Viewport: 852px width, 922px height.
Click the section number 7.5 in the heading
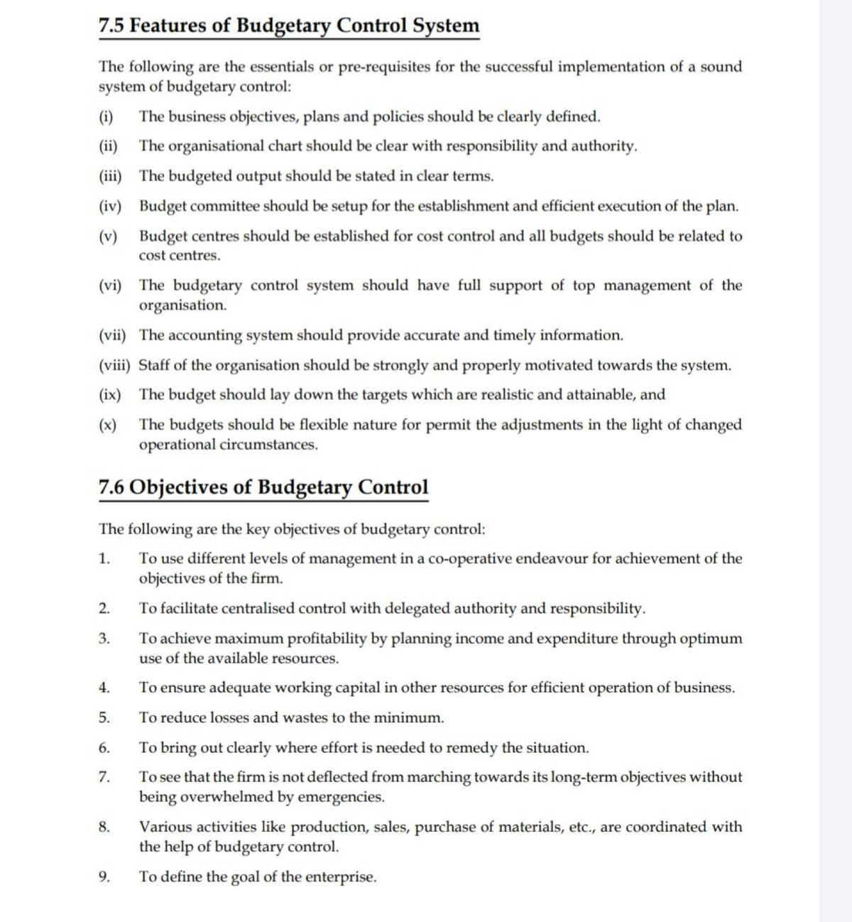click(x=111, y=26)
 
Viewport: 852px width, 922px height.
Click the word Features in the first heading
click(x=170, y=26)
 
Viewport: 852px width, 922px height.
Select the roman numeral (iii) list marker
click(x=110, y=176)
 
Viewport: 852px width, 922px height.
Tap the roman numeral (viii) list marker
click(x=114, y=366)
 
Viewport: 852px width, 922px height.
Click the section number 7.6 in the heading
click(x=111, y=488)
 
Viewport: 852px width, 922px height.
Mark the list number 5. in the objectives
click(x=104, y=718)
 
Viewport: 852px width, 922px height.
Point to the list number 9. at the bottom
click(x=104, y=877)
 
